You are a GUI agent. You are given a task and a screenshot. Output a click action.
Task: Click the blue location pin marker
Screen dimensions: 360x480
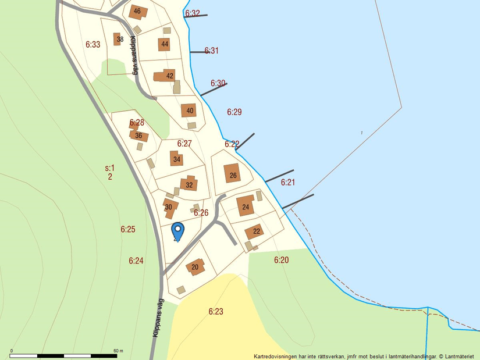177,230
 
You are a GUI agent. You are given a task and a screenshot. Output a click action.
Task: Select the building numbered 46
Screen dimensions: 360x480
137,12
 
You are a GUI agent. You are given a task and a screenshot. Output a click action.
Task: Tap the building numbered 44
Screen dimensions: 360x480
164,44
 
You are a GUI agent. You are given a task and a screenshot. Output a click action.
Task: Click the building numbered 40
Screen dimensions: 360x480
190,111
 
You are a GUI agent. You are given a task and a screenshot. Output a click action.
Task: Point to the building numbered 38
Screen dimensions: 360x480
119,40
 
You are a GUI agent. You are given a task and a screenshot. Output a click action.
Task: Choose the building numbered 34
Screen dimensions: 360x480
177,159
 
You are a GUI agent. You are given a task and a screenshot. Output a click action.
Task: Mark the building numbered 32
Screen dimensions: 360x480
189,185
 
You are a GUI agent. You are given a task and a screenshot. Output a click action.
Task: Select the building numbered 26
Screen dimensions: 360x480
233,174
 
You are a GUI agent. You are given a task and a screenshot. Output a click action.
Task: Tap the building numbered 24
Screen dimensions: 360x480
246,206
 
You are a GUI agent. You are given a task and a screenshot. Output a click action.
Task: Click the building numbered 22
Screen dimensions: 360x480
255,231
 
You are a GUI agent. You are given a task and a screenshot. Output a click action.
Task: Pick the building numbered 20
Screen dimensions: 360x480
195,267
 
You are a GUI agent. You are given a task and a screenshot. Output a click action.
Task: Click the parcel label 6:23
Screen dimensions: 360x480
216,312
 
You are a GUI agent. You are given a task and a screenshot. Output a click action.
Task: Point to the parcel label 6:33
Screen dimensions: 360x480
93,44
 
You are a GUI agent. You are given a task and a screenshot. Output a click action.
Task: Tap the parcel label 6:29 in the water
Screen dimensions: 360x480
234,112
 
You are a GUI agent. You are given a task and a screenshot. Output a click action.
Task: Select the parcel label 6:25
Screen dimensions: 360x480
128,229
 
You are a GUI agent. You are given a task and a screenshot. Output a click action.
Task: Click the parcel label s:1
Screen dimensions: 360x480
110,168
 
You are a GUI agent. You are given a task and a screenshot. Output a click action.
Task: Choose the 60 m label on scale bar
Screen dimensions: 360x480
118,351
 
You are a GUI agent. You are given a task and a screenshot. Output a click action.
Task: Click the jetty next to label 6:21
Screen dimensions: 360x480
280,176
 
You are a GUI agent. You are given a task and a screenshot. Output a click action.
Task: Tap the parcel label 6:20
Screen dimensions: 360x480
281,260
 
